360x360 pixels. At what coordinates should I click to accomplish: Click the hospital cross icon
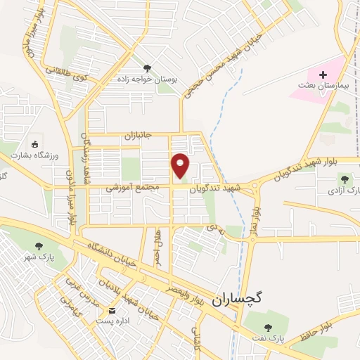click(323, 75)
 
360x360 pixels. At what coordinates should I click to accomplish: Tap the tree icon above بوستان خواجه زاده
click(147, 67)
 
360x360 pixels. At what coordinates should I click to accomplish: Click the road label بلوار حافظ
click(306, 331)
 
